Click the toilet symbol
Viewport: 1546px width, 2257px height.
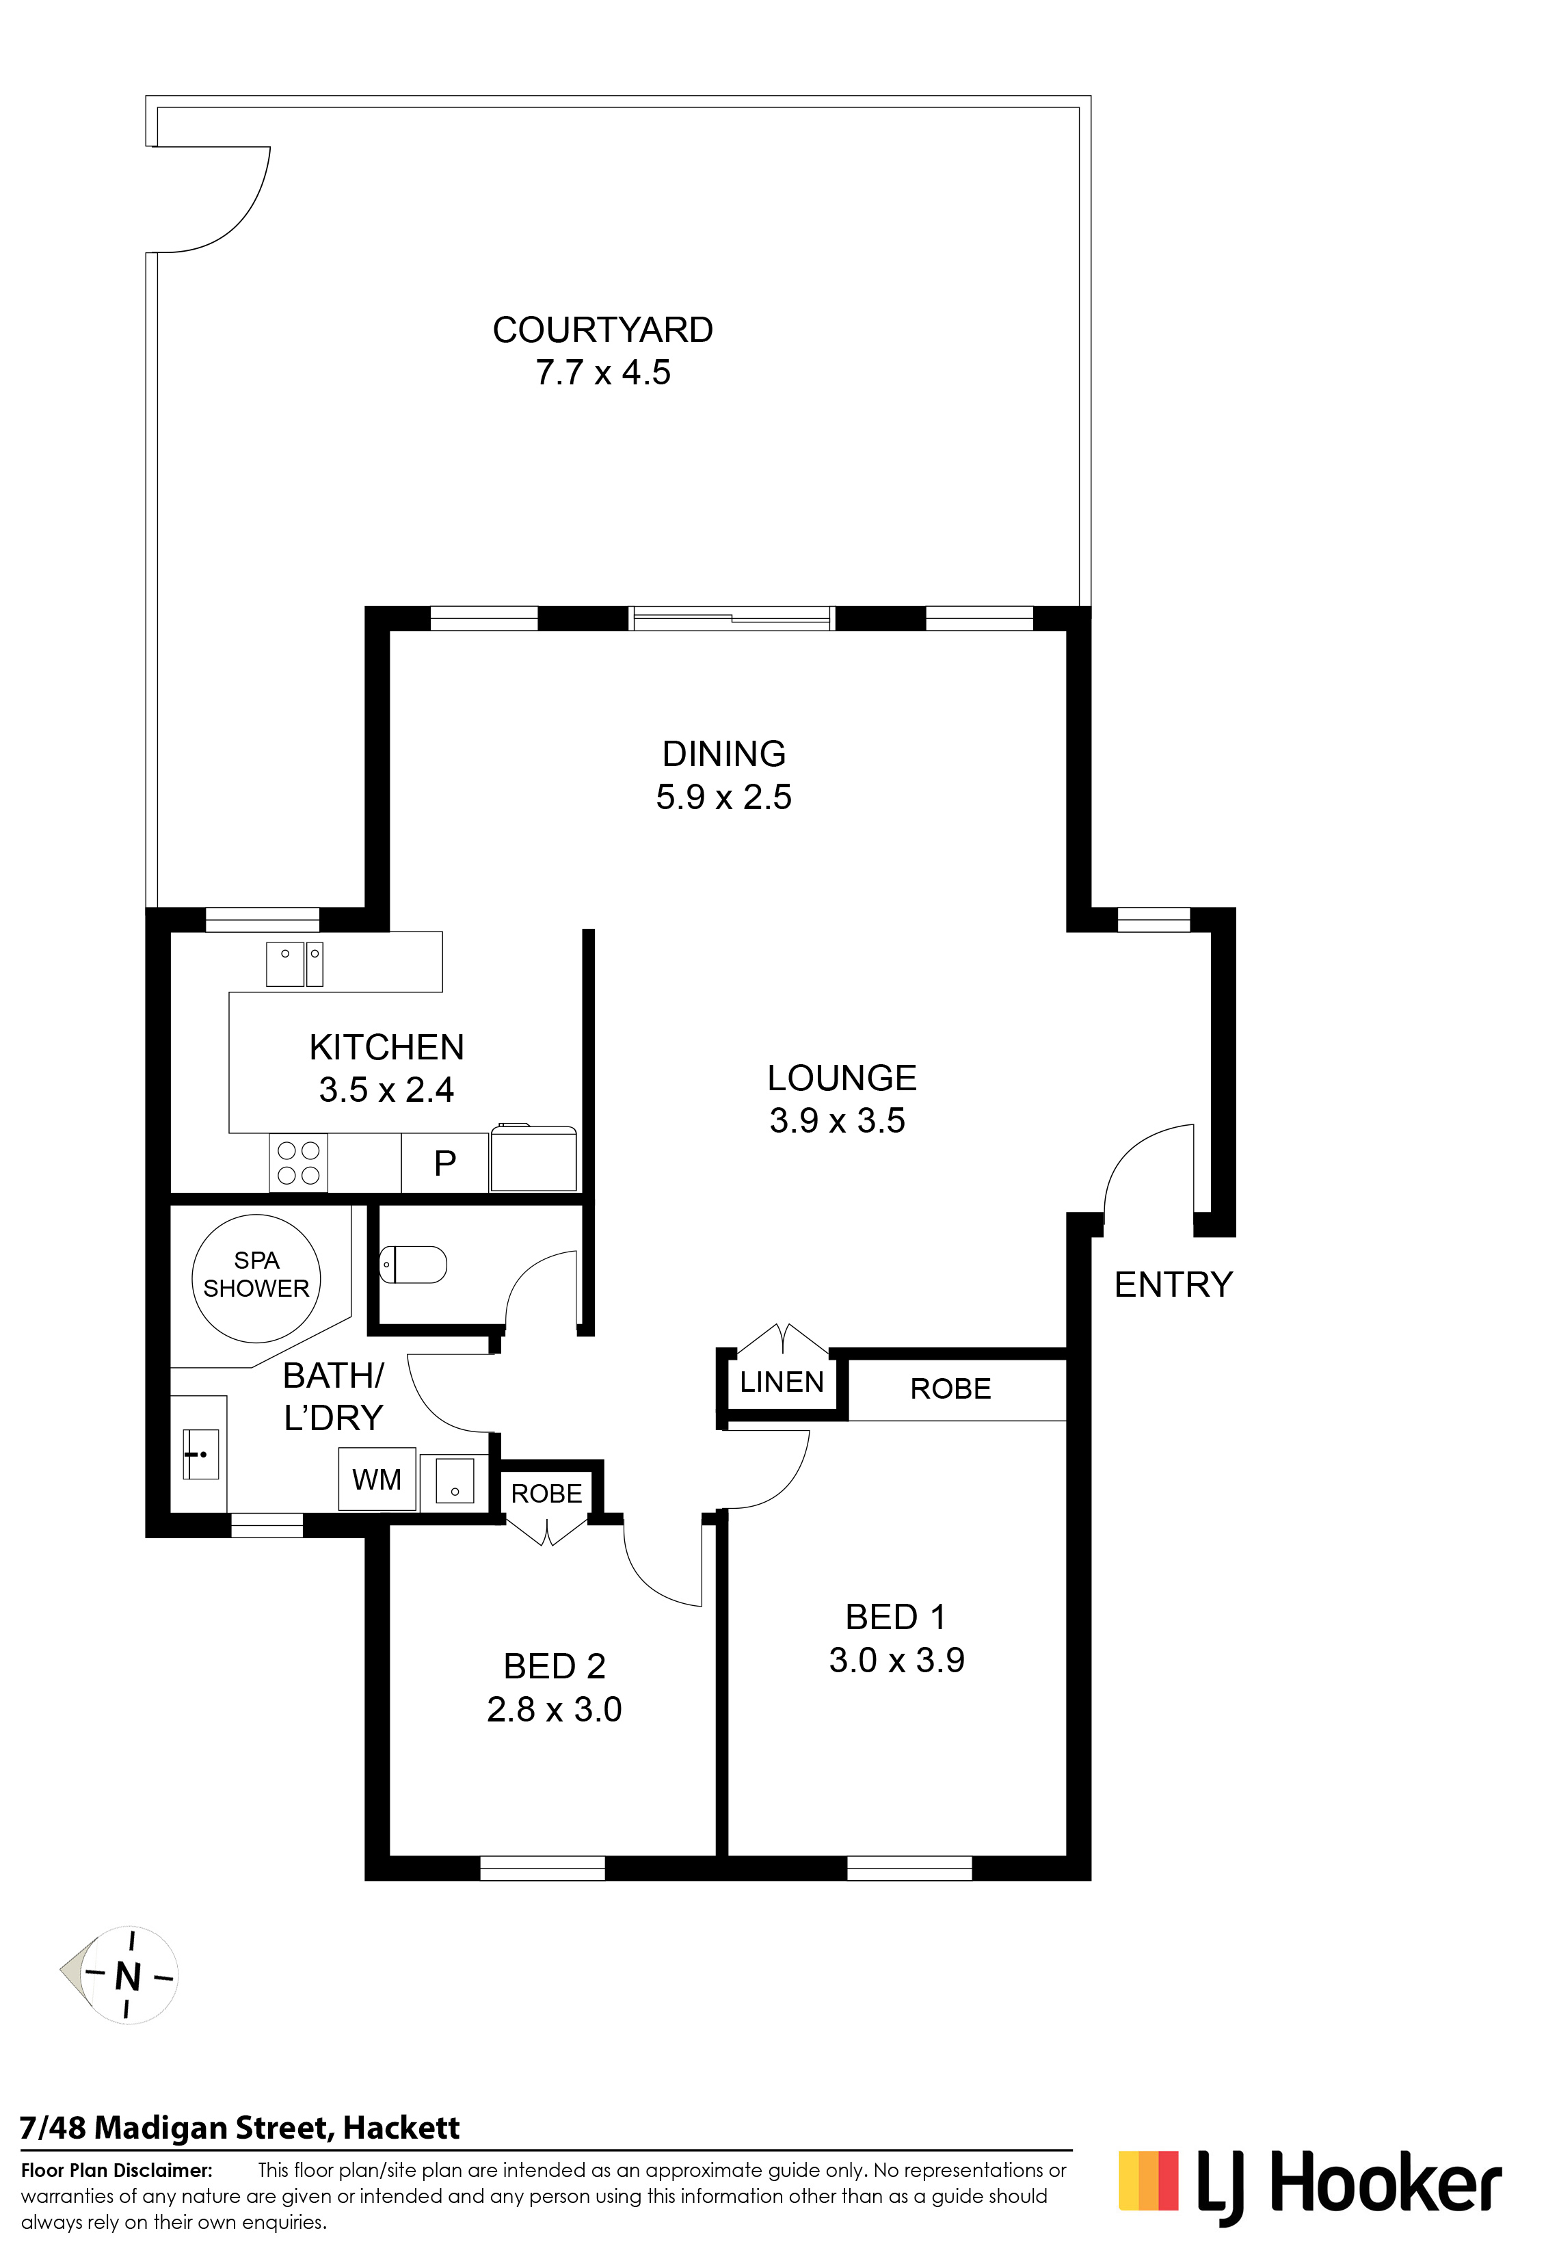[x=412, y=1265]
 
